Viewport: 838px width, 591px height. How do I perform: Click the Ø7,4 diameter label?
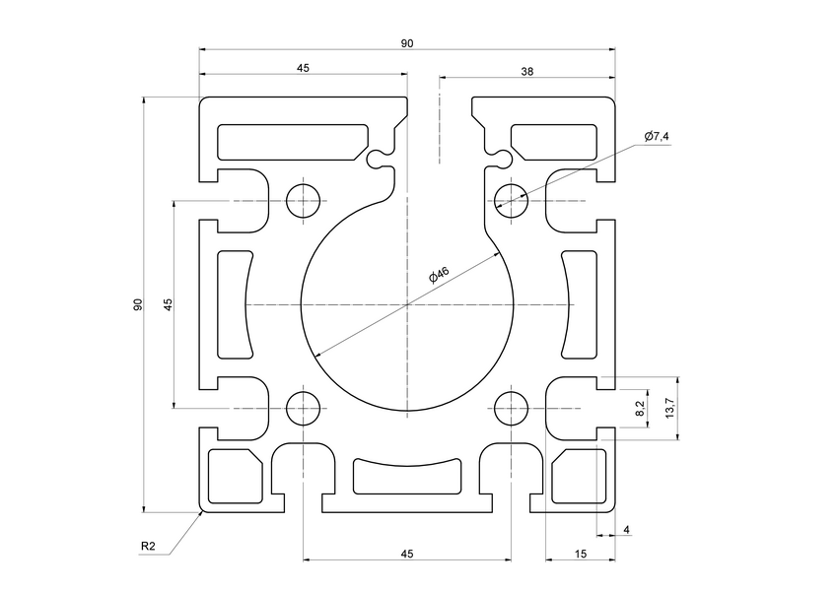[657, 136]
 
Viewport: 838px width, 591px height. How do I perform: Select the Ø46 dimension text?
[439, 275]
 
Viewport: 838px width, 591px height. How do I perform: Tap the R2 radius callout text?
[148, 546]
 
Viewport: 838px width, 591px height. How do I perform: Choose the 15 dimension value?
[580, 556]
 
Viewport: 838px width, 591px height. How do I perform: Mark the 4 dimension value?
[627, 530]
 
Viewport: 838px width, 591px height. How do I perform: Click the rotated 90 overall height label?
[139, 305]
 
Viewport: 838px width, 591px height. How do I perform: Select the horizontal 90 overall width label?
[406, 43]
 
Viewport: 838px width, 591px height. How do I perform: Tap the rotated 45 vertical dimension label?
[169, 304]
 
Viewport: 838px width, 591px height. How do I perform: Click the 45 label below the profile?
[406, 556]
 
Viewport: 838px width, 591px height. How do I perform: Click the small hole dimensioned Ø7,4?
[511, 200]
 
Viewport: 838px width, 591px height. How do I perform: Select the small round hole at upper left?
[304, 200]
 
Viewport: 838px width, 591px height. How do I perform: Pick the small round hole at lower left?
[304, 407]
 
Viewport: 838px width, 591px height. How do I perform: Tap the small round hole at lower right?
[511, 407]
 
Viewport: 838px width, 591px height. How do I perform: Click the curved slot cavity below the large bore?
[407, 476]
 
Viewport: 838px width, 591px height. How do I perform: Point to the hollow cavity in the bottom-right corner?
[575, 477]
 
